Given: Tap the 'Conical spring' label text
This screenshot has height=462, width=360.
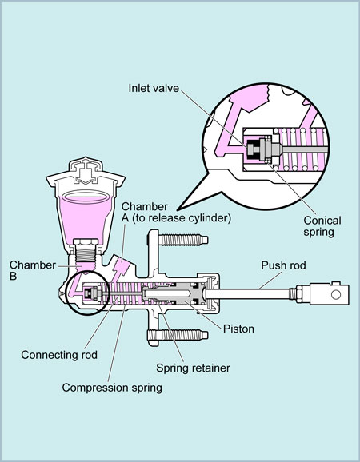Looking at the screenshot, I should pos(301,226).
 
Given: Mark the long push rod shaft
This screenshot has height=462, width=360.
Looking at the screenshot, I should pos(256,295).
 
